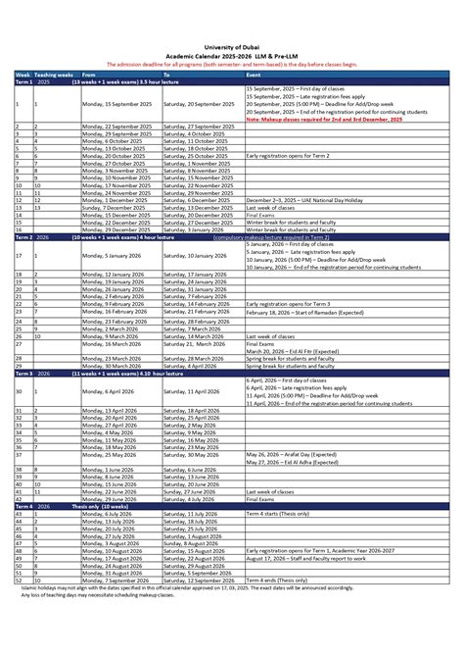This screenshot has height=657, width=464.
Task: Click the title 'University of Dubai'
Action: (x=231, y=46)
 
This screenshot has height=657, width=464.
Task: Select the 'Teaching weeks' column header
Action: (x=53, y=75)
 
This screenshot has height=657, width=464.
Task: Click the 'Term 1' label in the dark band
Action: (x=23, y=82)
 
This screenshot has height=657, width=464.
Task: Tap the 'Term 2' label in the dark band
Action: (x=23, y=237)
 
